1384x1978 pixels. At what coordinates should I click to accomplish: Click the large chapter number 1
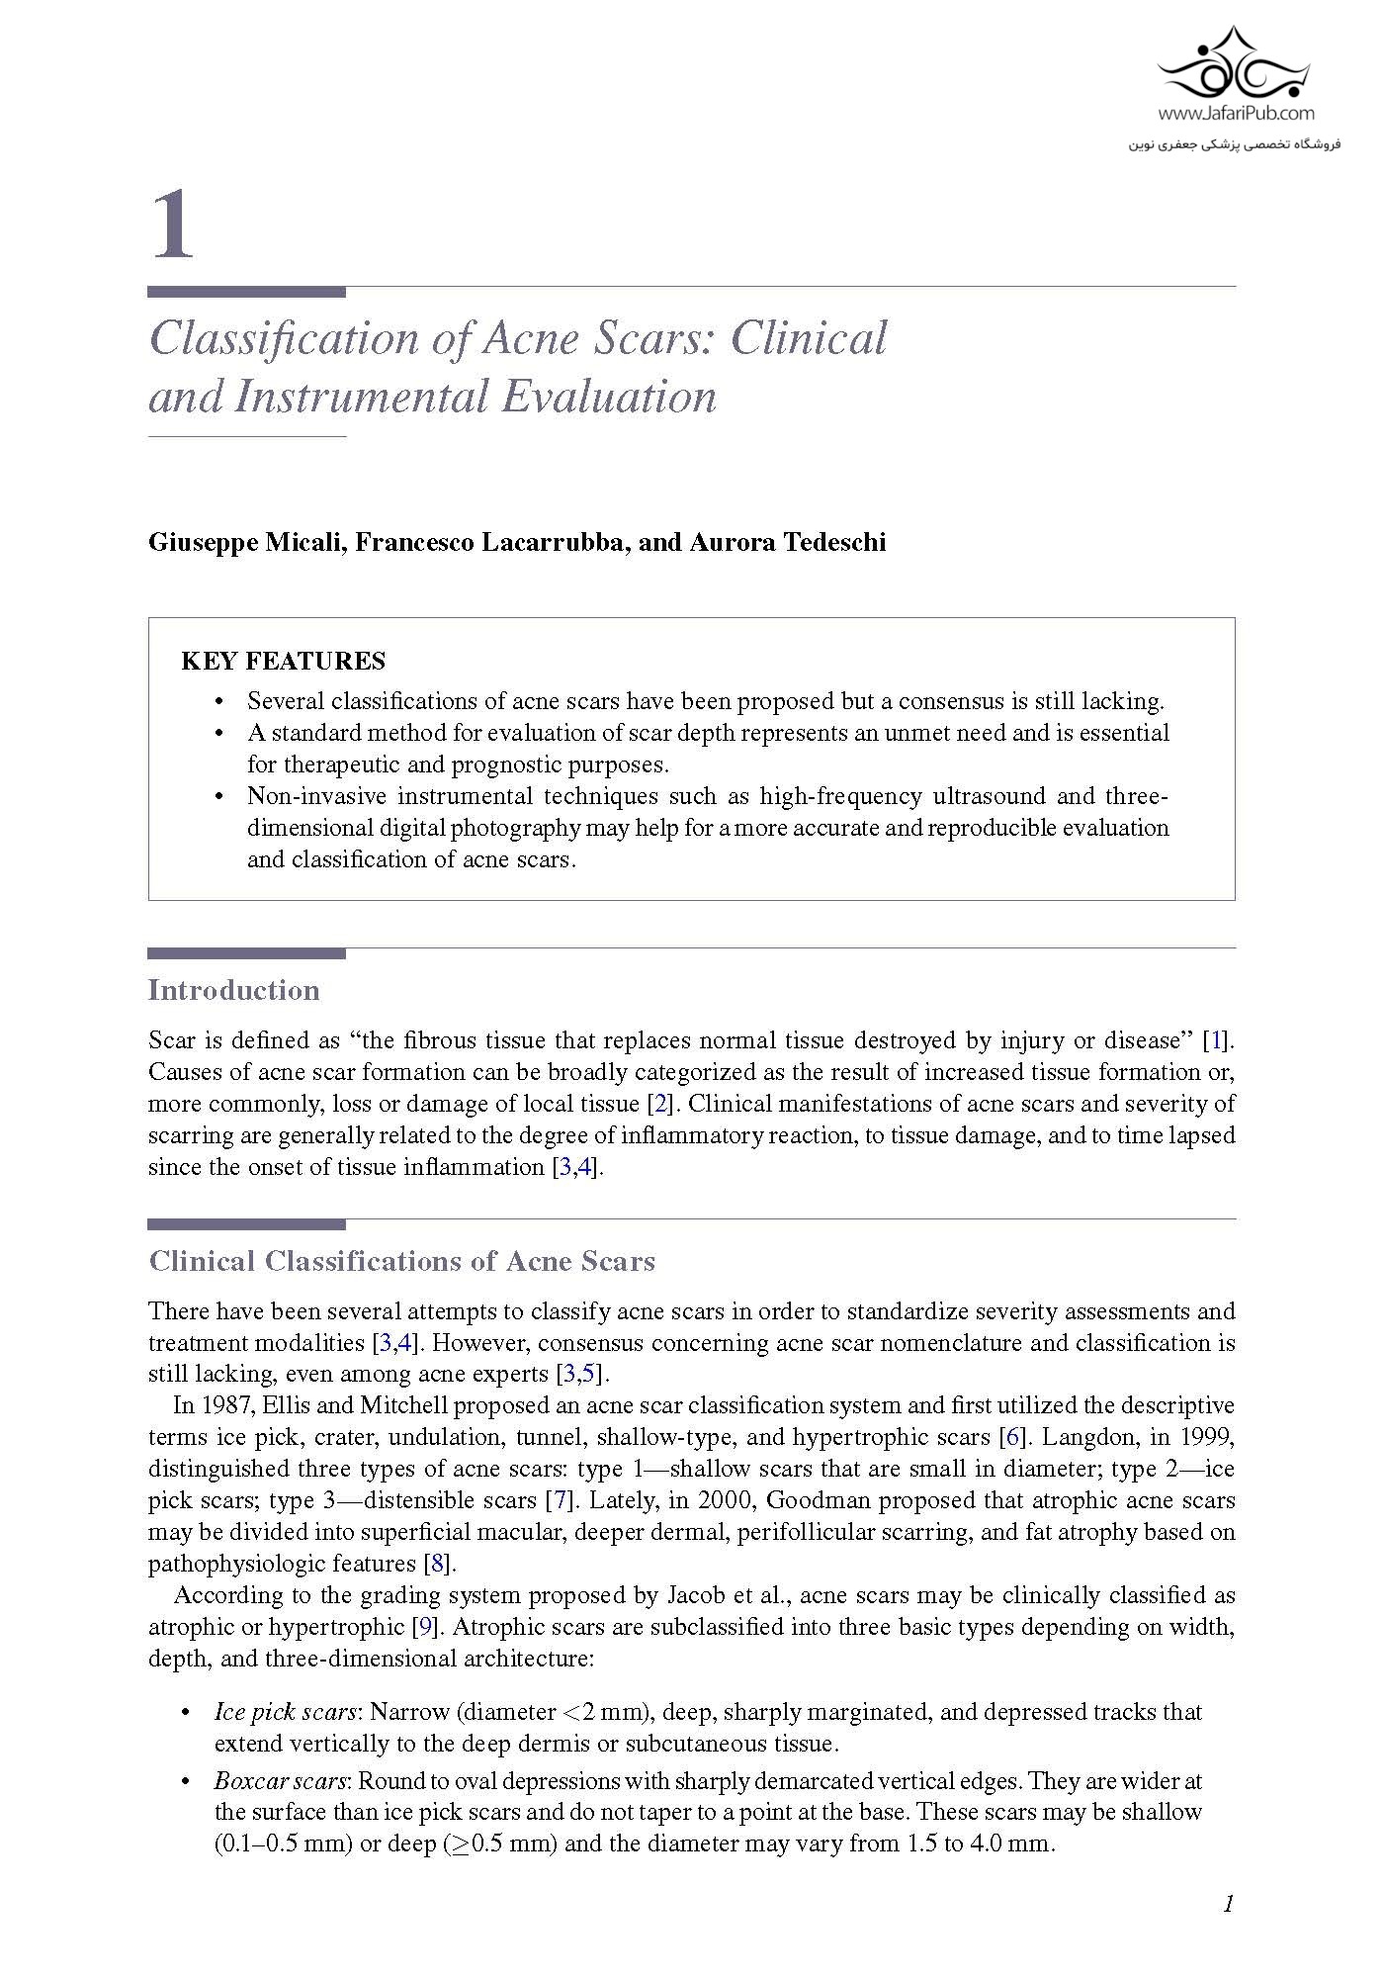point(173,225)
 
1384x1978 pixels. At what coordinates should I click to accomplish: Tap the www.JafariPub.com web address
point(1236,114)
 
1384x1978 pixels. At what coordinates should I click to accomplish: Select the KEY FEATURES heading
point(284,662)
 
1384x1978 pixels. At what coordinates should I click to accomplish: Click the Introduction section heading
point(233,990)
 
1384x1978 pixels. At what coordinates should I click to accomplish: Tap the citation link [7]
point(561,1500)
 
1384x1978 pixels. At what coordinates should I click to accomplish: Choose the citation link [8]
point(437,1564)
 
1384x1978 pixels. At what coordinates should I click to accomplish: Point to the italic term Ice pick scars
point(285,1712)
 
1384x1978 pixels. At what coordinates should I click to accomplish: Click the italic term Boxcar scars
point(281,1781)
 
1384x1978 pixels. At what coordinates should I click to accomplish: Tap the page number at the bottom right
point(1229,1904)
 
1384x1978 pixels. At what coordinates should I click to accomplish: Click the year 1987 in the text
point(225,1405)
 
